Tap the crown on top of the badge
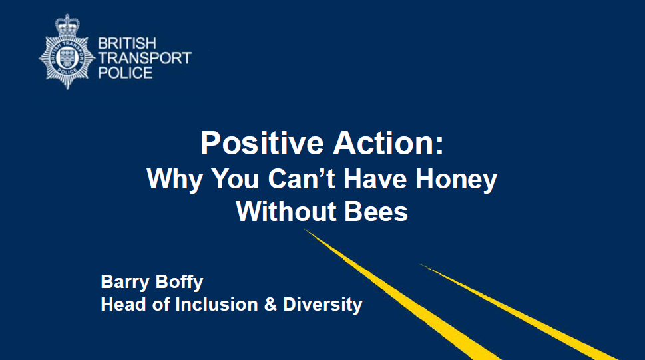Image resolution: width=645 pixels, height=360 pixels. (x=67, y=25)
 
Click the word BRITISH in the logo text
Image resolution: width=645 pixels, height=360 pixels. (x=127, y=43)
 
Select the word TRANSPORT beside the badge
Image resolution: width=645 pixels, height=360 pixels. (x=145, y=58)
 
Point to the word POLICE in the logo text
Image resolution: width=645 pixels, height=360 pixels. (x=125, y=73)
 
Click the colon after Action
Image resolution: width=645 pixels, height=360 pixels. (x=439, y=146)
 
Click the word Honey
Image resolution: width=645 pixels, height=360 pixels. (x=457, y=180)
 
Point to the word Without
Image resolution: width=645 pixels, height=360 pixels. (x=286, y=212)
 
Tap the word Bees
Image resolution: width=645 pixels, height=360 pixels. (x=376, y=212)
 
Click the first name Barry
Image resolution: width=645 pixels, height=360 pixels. (x=125, y=283)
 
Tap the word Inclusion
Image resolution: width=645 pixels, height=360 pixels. (x=216, y=305)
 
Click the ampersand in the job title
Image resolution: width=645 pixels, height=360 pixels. (x=270, y=305)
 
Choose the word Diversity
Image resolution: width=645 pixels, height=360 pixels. (x=323, y=305)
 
